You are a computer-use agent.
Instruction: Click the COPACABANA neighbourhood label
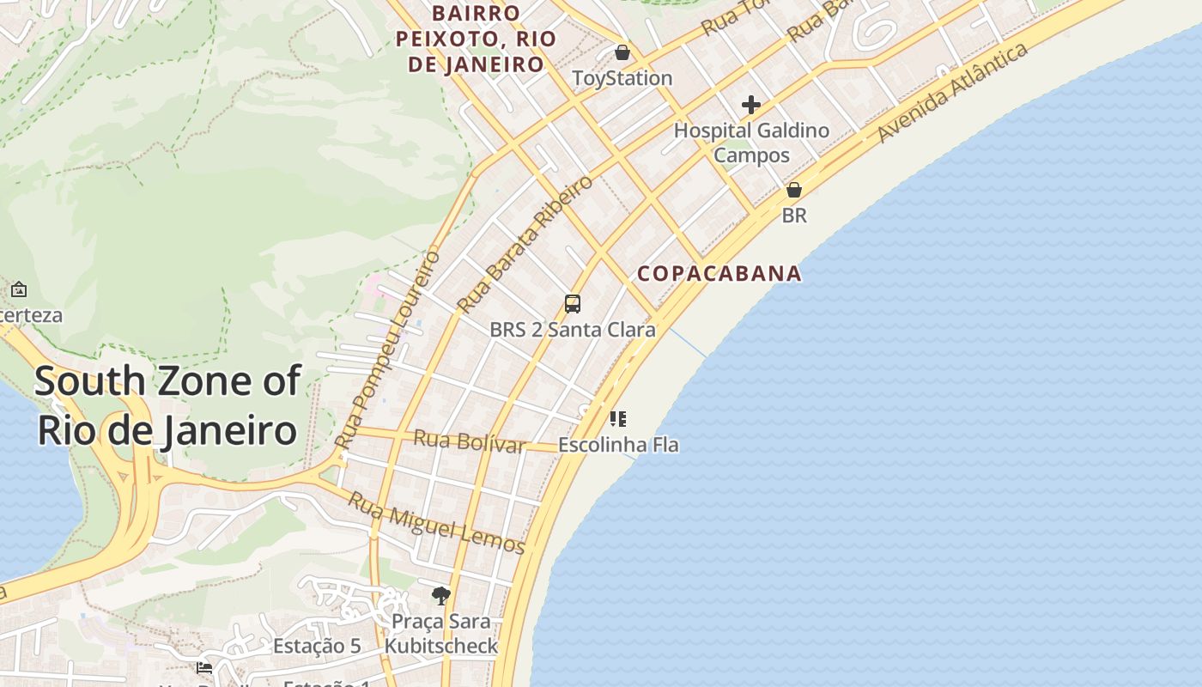(719, 274)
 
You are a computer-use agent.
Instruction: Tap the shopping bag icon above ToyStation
(622, 52)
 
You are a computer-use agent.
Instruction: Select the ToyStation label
(622, 78)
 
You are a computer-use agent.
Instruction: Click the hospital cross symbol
(751, 105)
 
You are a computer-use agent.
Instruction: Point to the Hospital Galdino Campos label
(751, 143)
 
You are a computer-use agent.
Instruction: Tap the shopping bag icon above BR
(794, 190)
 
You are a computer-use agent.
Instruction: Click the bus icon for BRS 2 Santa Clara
(573, 303)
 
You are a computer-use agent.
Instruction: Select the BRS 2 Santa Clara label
(573, 330)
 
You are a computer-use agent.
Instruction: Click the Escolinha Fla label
(618, 445)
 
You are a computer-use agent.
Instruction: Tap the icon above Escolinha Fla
(618, 419)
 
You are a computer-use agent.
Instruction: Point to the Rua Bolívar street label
(469, 441)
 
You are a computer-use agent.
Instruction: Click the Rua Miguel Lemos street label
(436, 522)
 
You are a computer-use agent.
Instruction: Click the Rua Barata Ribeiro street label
(525, 245)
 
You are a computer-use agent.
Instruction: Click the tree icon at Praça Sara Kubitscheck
(441, 595)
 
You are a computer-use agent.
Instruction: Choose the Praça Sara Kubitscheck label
(441, 633)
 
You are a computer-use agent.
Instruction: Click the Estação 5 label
(317, 647)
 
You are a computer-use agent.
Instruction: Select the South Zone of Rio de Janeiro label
(168, 405)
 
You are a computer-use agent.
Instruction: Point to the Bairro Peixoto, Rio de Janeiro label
(476, 39)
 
